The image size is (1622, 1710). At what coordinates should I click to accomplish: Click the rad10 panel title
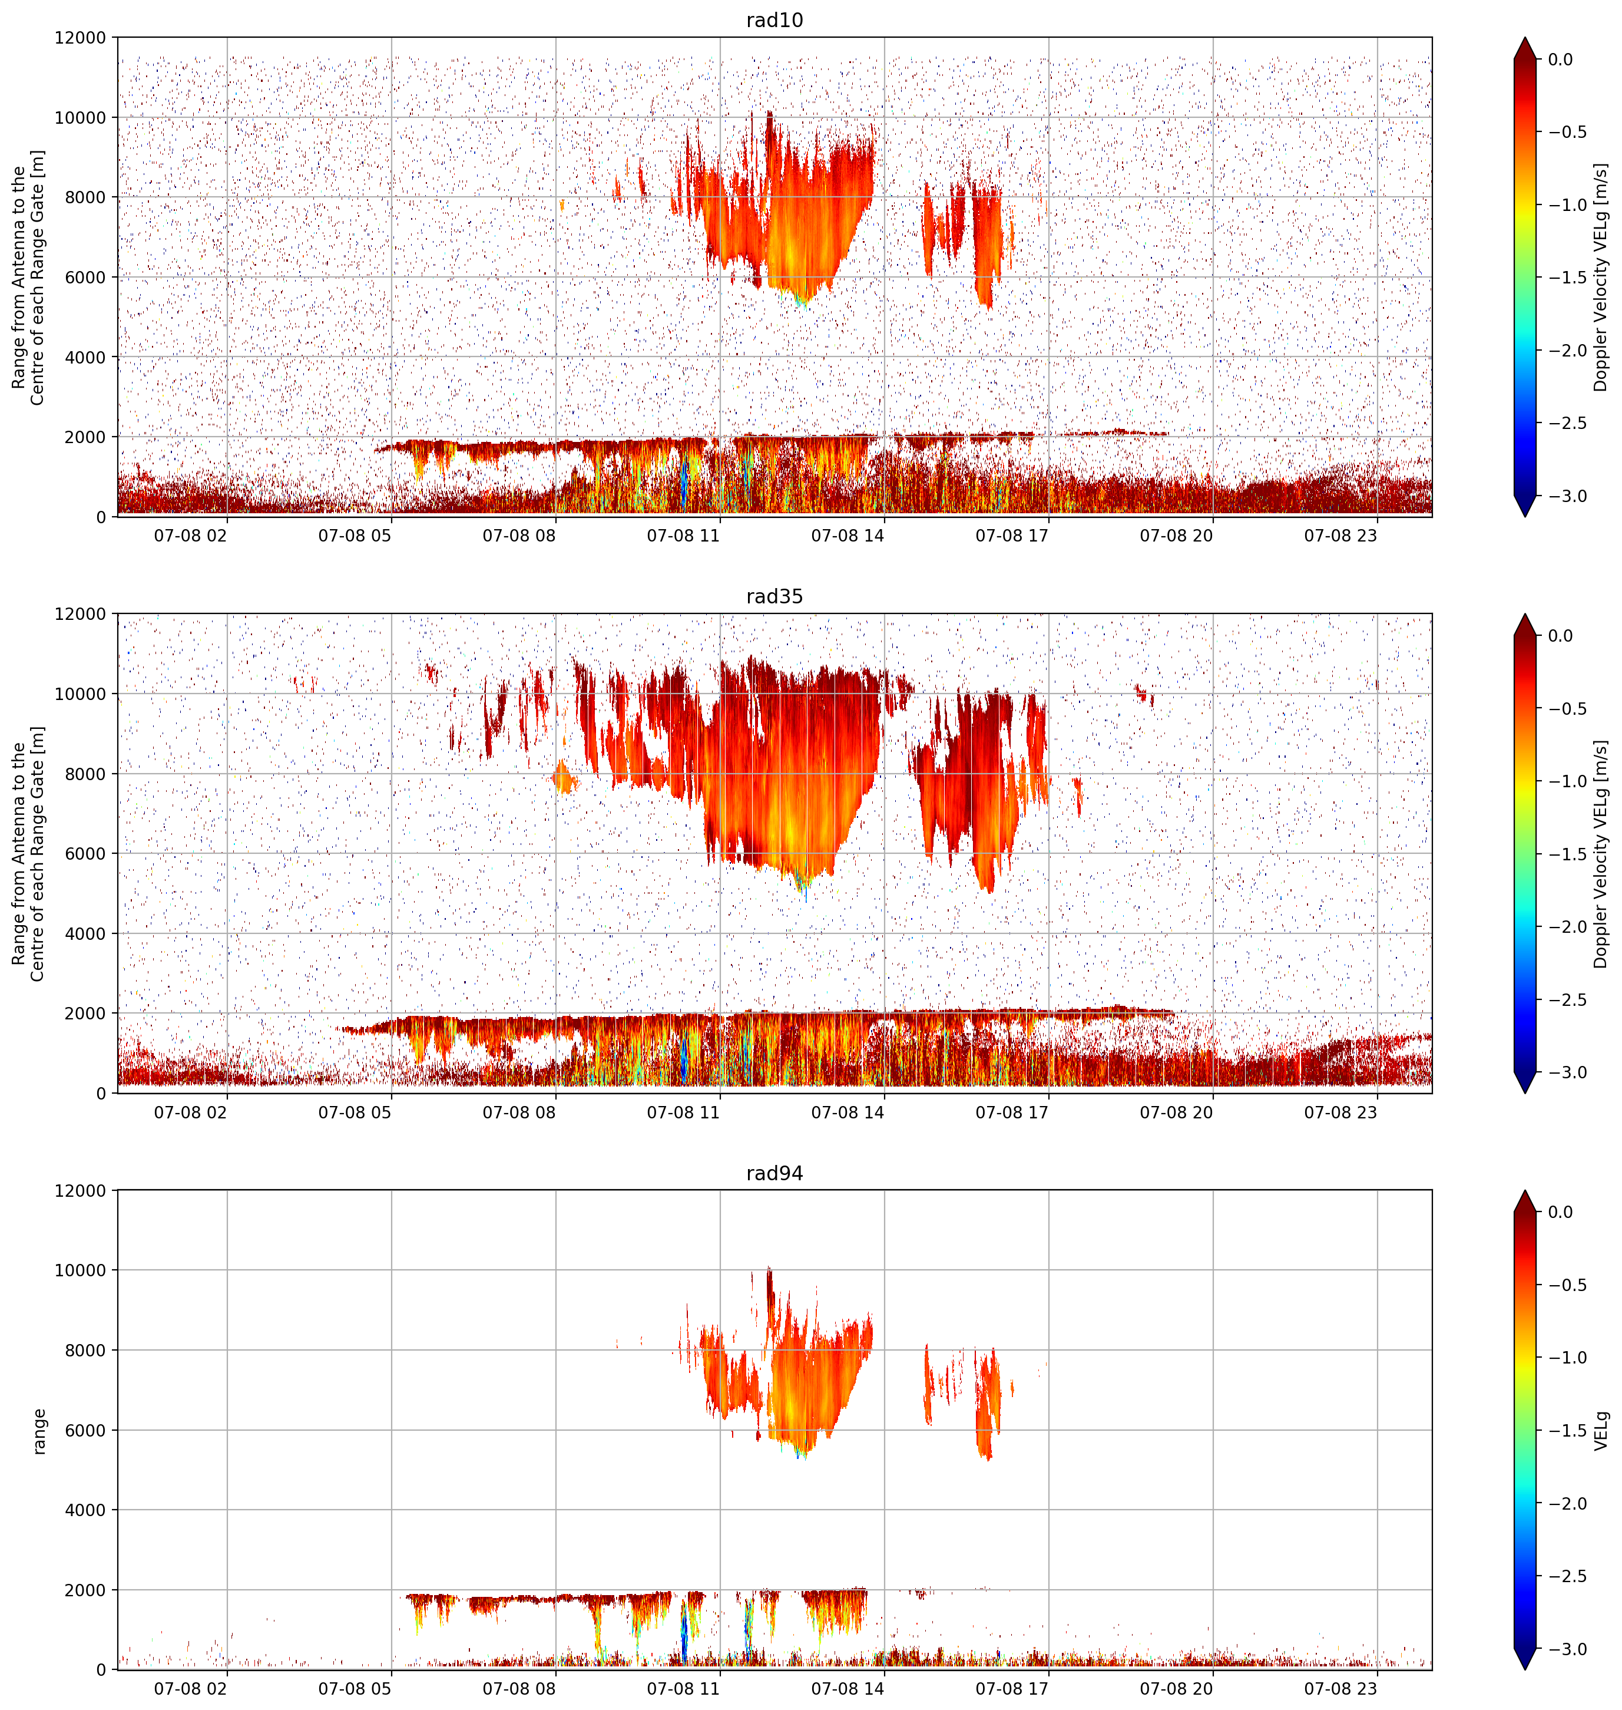(x=774, y=20)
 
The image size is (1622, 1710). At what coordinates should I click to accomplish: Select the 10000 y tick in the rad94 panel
(x=81, y=1270)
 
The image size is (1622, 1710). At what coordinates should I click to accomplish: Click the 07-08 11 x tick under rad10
(x=683, y=536)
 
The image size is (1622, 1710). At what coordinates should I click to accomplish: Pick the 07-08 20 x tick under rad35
(x=1176, y=1113)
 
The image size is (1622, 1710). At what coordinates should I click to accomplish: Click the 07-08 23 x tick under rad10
(x=1340, y=536)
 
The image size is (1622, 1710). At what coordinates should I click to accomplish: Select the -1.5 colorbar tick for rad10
(x=1567, y=278)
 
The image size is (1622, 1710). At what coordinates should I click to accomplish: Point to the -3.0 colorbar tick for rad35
(x=1567, y=1072)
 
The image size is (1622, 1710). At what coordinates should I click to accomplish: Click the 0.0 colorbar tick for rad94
(x=1561, y=1212)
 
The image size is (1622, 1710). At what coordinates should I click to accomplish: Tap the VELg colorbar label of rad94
(x=1601, y=1431)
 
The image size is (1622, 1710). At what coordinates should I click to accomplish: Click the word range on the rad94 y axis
(x=39, y=1431)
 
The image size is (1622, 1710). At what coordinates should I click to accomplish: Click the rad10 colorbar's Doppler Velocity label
(x=1601, y=277)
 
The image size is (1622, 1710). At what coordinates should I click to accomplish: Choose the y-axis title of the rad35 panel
(x=29, y=854)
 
